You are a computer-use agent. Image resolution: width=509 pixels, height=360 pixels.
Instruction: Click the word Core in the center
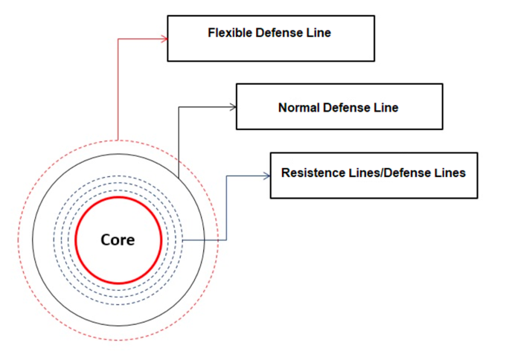(x=118, y=240)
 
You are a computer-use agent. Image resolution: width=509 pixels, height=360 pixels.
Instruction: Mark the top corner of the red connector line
(x=118, y=38)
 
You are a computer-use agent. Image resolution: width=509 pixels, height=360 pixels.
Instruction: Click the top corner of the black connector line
(x=179, y=107)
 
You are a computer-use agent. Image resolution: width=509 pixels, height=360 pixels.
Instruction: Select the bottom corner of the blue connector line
(x=226, y=240)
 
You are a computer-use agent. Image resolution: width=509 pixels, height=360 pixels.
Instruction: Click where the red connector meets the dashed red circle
(x=118, y=139)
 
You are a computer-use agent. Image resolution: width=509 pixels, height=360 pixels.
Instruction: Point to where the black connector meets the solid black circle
(x=179, y=179)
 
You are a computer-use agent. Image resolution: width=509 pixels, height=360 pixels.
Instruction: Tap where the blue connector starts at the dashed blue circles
(x=183, y=240)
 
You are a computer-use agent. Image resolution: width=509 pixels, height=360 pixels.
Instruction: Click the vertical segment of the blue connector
(x=226, y=208)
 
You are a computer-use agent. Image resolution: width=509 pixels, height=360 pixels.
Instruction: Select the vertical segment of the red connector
(x=118, y=89)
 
